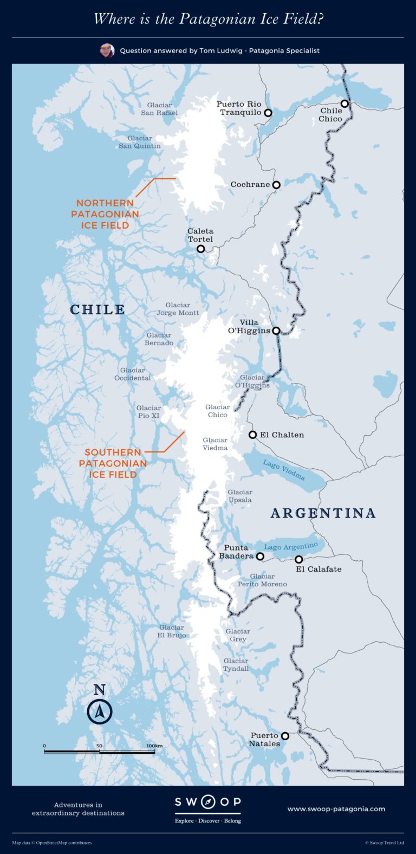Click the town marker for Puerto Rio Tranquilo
tap(268, 113)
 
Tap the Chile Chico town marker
tap(344, 103)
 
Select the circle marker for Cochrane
tap(276, 185)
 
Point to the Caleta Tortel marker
tap(201, 249)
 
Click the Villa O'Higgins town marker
tap(276, 331)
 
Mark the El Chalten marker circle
tap(252, 435)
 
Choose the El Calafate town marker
tap(299, 559)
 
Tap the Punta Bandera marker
tap(260, 556)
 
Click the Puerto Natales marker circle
tap(285, 736)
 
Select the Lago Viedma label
tap(284, 470)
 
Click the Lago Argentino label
tap(291, 546)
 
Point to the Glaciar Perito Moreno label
tap(263, 580)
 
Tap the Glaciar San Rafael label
tap(159, 109)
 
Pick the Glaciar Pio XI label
tap(148, 412)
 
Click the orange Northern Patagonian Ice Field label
tap(105, 214)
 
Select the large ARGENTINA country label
tap(323, 513)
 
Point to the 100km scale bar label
tap(155, 746)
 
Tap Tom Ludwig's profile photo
tap(107, 51)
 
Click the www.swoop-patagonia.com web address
tap(336, 809)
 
